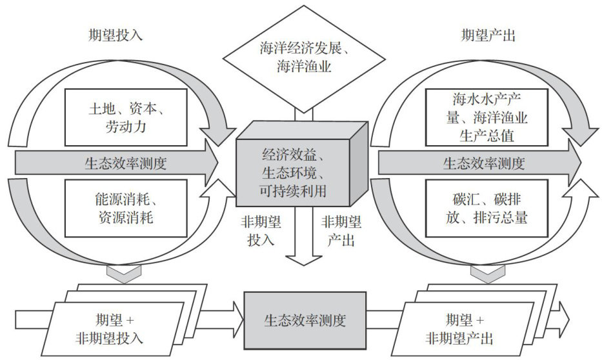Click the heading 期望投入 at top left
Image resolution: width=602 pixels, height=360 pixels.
pyautogui.click(x=116, y=35)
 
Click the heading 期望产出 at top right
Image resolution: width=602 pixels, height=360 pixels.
pyautogui.click(x=489, y=35)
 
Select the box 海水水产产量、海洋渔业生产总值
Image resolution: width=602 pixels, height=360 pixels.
pyautogui.click(x=487, y=117)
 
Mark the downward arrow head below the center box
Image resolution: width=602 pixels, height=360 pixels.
pyautogui.click(x=304, y=259)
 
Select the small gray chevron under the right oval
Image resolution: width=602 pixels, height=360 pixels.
pyautogui.click(x=484, y=275)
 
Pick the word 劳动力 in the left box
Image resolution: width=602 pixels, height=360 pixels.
pyautogui.click(x=125, y=126)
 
